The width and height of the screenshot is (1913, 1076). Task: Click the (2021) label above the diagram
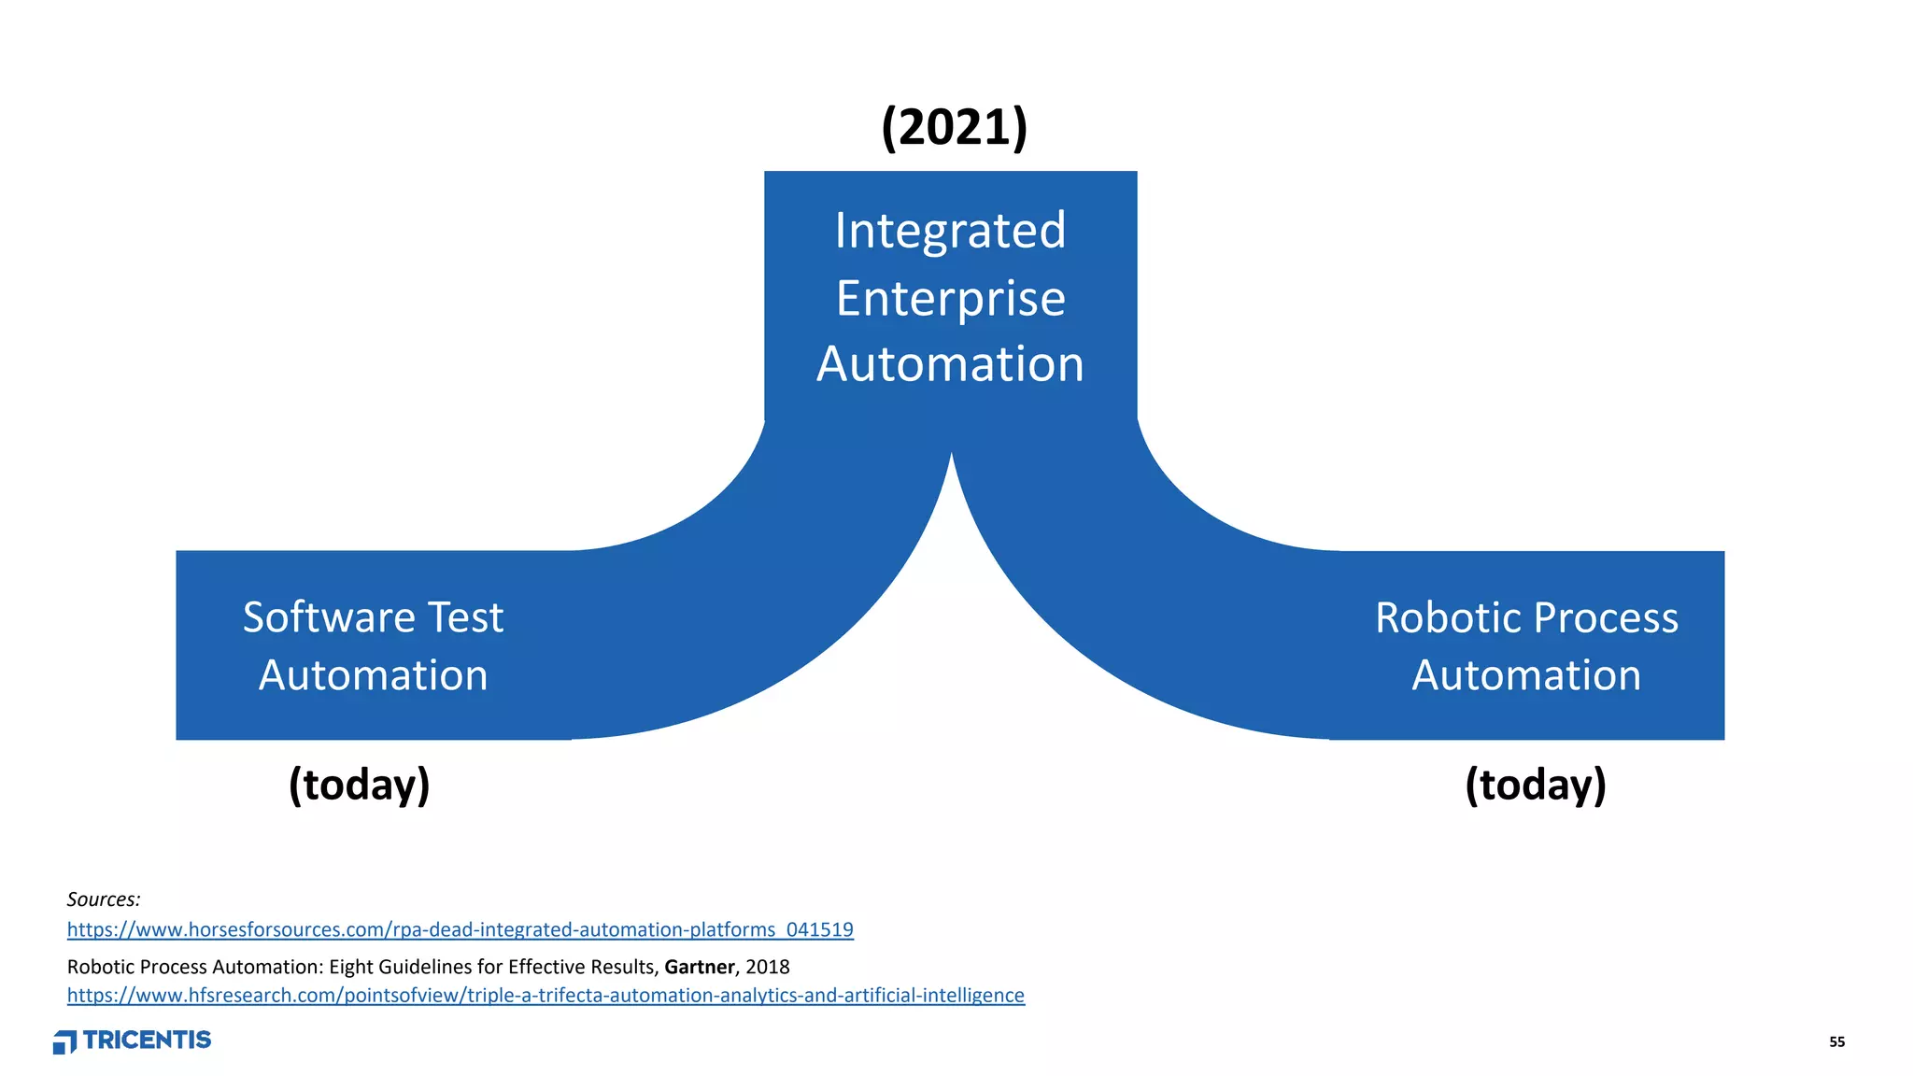[954, 127]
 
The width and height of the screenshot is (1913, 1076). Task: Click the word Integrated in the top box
[950, 231]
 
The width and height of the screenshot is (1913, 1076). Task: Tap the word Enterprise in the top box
[950, 299]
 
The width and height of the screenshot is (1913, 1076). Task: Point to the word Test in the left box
[465, 617]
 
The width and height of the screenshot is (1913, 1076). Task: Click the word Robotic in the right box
[1449, 618]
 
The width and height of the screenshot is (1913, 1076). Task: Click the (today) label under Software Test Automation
[360, 785]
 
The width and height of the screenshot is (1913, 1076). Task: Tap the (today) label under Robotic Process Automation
[1536, 785]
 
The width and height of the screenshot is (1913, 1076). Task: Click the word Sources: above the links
[104, 899]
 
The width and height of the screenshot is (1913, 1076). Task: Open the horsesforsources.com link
[460, 930]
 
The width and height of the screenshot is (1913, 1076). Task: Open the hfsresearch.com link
[546, 996]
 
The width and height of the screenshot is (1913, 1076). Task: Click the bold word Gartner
[699, 967]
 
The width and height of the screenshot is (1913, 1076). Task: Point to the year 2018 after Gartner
[768, 967]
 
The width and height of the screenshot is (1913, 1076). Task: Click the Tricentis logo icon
[64, 1042]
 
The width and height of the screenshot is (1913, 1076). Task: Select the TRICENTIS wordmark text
[148, 1041]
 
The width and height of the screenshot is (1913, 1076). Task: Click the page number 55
[1836, 1042]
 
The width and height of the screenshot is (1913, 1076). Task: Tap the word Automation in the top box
[950, 364]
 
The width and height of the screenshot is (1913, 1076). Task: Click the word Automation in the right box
[1526, 675]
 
